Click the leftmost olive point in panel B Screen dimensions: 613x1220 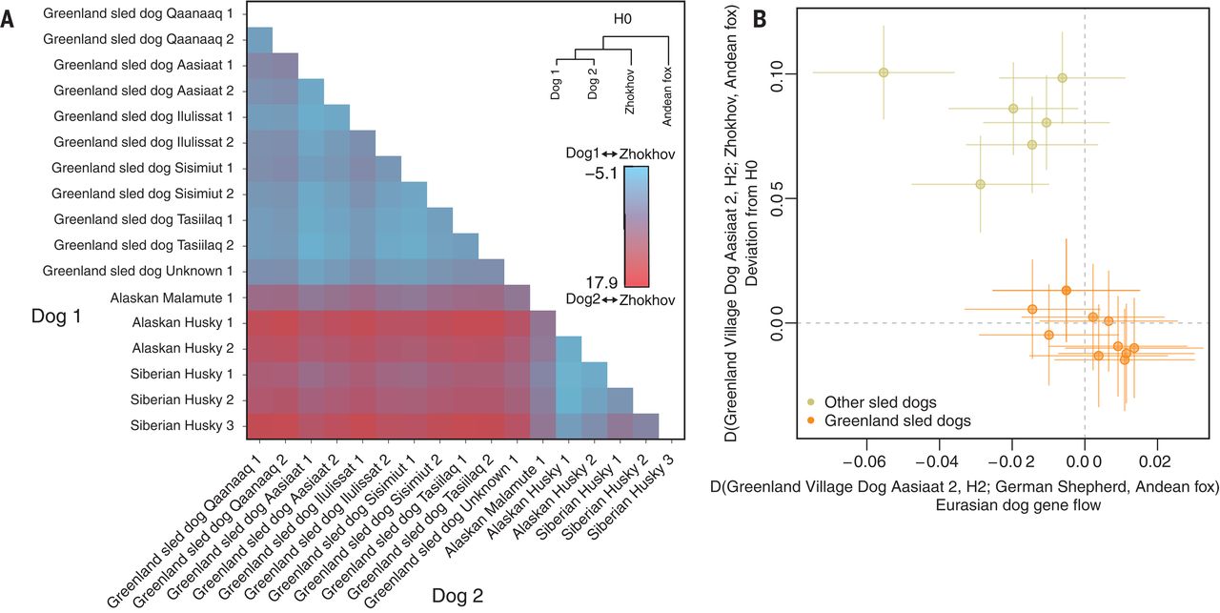pos(884,72)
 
